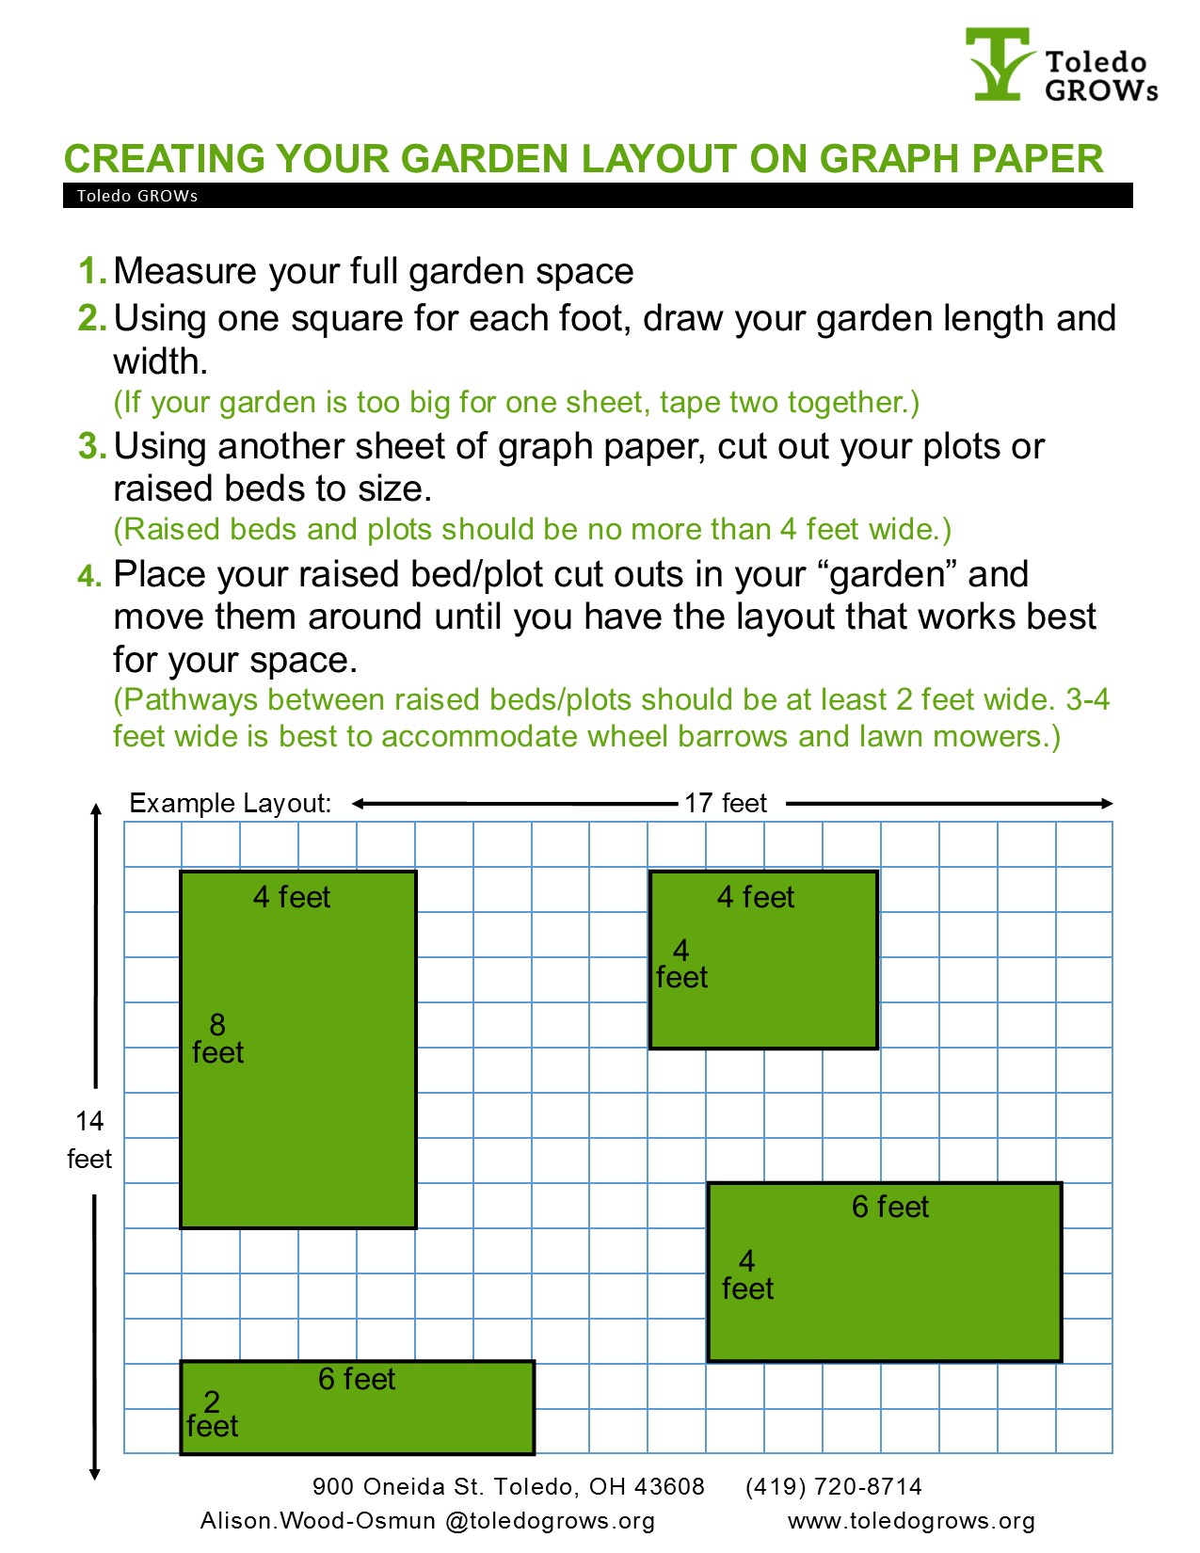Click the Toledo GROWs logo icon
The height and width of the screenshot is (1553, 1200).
[998, 64]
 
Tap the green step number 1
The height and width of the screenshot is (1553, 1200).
[91, 271]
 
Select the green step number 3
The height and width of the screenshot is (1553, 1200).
[91, 446]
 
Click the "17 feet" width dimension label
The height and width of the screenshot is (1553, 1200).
[725, 803]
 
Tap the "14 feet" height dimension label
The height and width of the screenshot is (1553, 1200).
[89, 1140]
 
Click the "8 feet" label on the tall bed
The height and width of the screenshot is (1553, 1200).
[217, 1038]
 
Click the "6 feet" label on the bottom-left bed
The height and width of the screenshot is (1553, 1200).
[357, 1379]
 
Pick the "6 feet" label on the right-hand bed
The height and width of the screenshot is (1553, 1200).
[889, 1207]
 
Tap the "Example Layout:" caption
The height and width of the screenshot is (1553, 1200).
[231, 803]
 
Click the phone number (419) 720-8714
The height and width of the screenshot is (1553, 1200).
[833, 1486]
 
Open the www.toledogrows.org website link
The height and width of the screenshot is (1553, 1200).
[911, 1521]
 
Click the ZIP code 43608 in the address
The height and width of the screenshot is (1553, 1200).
[669, 1486]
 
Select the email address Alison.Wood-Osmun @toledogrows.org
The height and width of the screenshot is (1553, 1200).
[427, 1521]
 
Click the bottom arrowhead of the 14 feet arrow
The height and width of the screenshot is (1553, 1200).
[94, 1473]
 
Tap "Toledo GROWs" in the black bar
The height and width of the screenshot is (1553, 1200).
[137, 196]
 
